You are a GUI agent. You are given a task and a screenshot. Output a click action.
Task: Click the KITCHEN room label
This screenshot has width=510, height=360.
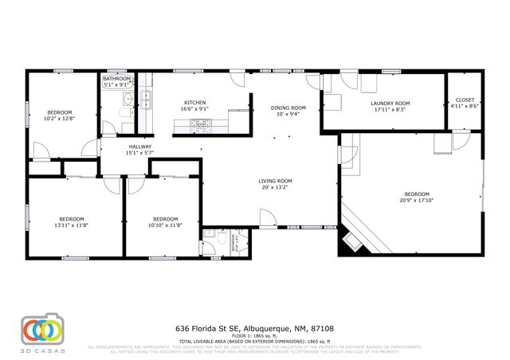[x=195, y=104]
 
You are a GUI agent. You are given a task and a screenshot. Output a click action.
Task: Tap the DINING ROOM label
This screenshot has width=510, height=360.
[x=288, y=108]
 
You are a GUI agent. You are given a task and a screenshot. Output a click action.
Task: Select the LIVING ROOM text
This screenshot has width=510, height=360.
[x=275, y=181]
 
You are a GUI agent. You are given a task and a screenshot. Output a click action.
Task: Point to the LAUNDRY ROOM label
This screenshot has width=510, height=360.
[x=390, y=104]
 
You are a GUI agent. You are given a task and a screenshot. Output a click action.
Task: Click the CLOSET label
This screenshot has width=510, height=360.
[x=463, y=100]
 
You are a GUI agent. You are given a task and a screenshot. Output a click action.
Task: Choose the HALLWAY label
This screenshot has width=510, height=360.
[x=141, y=147]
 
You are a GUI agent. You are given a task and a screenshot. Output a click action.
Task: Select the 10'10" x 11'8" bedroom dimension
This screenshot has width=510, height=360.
[x=165, y=225]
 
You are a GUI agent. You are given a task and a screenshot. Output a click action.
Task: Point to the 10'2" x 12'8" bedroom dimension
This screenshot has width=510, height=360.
[x=60, y=119]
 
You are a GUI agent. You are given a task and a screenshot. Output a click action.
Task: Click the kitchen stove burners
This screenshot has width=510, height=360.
[x=196, y=123]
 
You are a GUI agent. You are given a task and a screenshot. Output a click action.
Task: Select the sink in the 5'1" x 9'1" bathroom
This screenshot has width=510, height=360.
[x=127, y=99]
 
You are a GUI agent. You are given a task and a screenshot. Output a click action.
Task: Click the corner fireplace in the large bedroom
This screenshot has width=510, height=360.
[x=351, y=241]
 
